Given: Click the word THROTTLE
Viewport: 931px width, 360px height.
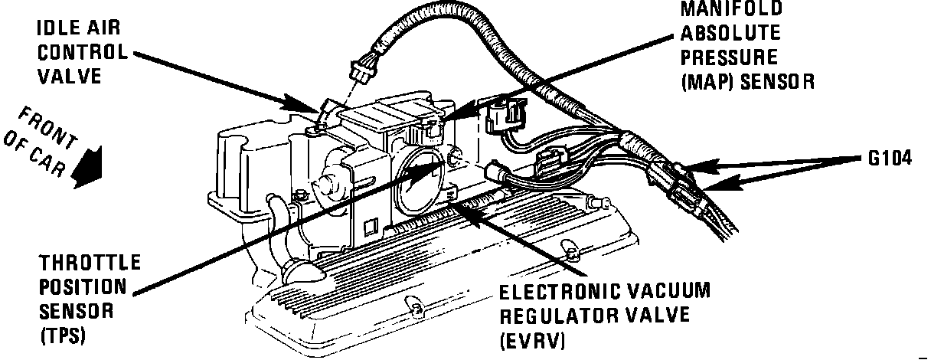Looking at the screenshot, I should pyautogui.click(x=90, y=263).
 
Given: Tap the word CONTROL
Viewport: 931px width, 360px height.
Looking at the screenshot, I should pyautogui.click(x=83, y=53).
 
